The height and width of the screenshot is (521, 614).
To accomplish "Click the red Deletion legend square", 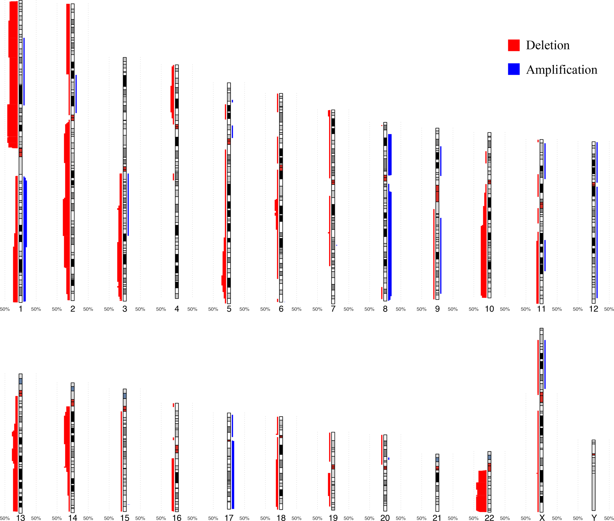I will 513,45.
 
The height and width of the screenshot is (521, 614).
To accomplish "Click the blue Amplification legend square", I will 513,69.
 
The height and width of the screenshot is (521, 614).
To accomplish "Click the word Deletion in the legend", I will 547,45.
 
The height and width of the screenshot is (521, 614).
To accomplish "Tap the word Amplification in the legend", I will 561,70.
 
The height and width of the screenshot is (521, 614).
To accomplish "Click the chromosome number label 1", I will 21,309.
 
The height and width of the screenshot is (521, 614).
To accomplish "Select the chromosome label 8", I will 385,309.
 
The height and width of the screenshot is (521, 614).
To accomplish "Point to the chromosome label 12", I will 593,309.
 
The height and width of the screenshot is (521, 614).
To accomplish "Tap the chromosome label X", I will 542,518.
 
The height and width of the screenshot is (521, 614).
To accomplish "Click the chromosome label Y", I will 593,518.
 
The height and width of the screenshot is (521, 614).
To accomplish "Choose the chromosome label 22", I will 489,518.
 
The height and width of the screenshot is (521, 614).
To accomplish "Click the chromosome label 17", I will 229,518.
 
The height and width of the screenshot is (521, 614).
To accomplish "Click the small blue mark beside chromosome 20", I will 389,458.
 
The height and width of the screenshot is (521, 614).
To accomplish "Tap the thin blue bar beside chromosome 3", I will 128,204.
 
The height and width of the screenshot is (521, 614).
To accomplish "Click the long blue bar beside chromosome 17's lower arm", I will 233,475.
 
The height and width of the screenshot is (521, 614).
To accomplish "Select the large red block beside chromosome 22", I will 482,491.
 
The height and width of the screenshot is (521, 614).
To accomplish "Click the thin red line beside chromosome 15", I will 121,461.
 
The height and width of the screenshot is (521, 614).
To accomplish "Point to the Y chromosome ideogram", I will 593,475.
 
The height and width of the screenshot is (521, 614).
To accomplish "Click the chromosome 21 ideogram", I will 437,482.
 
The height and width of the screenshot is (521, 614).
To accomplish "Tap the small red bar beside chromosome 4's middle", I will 173,177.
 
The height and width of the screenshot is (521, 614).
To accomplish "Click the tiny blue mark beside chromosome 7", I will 337,245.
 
